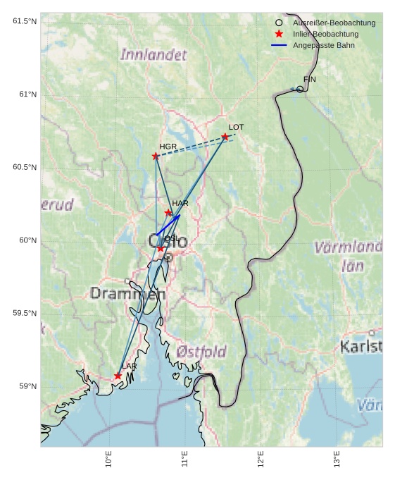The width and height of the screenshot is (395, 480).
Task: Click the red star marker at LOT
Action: point(225,137)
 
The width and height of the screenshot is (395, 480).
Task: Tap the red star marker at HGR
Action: point(156,156)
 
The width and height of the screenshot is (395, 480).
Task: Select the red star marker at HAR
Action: point(168,213)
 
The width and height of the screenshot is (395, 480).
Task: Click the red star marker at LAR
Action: point(118,376)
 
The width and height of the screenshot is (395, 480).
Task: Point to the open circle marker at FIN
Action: point(300,89)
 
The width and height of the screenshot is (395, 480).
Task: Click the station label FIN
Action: point(309,80)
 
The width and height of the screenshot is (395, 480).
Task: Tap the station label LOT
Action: point(236,128)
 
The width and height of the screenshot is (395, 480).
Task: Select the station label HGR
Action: point(168,147)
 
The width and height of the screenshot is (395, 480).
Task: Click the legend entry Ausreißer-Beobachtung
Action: point(334,23)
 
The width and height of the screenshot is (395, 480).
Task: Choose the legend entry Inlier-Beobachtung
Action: point(325,35)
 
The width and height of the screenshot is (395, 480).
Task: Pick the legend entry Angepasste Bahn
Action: point(324,46)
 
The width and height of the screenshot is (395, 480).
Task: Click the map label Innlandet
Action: point(153,54)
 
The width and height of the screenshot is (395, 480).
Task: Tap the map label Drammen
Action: point(127,294)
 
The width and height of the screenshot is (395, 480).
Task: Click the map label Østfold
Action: point(201,351)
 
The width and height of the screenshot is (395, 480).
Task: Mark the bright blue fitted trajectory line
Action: point(169,223)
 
